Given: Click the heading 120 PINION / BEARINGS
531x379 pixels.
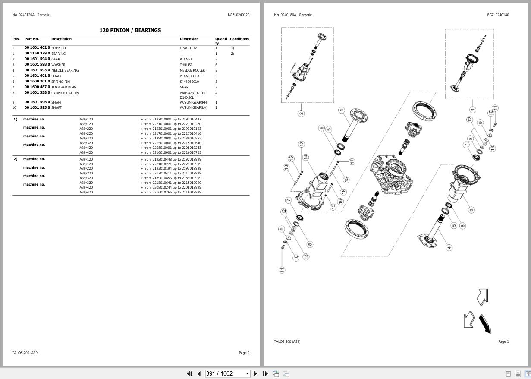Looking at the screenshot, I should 130,30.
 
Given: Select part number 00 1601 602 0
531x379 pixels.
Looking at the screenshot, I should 37,48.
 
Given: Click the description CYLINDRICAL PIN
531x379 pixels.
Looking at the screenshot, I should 65,93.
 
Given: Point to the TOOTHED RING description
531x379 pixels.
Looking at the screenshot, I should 64,87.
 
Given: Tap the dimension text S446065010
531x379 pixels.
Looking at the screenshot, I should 189,82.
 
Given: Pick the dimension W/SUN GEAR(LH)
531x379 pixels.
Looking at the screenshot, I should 194,107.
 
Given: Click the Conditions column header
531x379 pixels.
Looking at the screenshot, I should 239,39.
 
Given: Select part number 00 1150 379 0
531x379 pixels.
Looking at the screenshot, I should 37,54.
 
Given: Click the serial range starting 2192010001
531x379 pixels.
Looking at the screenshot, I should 171,119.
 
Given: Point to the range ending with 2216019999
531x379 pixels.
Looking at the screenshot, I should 171,192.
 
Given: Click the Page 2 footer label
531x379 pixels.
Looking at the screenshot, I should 244,353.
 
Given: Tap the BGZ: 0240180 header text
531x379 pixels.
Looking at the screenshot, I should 498,15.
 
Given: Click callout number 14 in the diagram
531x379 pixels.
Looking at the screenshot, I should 305,157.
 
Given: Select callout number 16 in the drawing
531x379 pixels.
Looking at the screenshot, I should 340,201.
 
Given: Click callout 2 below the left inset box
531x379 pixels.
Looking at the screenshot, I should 301,113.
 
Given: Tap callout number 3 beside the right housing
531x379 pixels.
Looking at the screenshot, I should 471,210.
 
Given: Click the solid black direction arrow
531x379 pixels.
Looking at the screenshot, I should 485,323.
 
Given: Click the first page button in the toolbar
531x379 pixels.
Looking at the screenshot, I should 189,373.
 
